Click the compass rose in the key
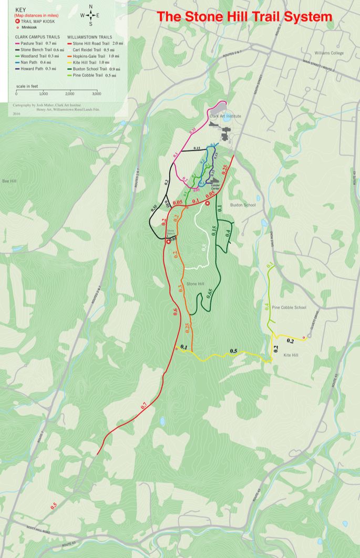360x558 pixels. (90, 15)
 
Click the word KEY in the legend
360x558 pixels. (20, 9)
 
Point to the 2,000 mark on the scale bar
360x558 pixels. (70, 93)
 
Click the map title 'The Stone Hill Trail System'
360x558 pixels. (245, 17)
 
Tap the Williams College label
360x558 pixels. (329, 53)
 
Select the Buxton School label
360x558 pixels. (243, 205)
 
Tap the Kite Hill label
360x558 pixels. (291, 356)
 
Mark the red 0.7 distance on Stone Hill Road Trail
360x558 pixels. (144, 406)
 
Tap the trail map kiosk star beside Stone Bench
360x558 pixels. (169, 242)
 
